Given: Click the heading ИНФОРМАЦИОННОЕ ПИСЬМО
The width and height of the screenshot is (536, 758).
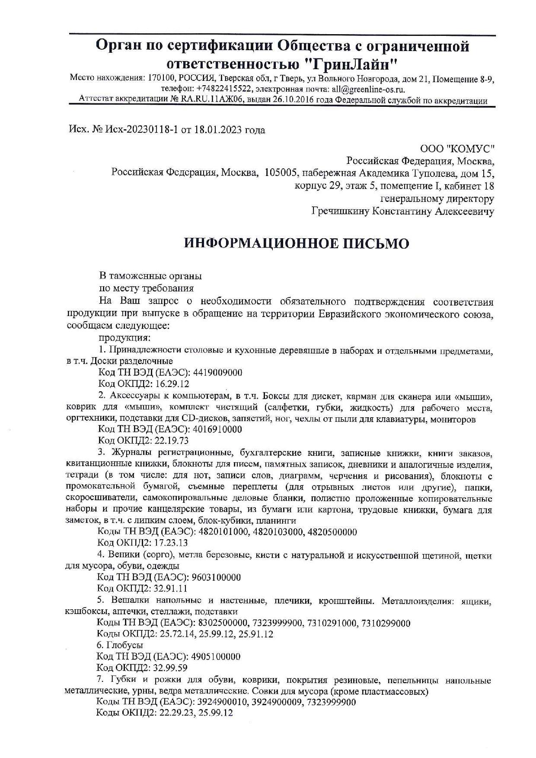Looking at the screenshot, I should point(297,243).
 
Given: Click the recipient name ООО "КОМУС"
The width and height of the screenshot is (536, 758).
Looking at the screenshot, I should point(457,149).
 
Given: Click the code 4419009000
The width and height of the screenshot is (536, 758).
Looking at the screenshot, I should point(217,373).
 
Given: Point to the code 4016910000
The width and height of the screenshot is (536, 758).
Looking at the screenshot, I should point(217,429).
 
